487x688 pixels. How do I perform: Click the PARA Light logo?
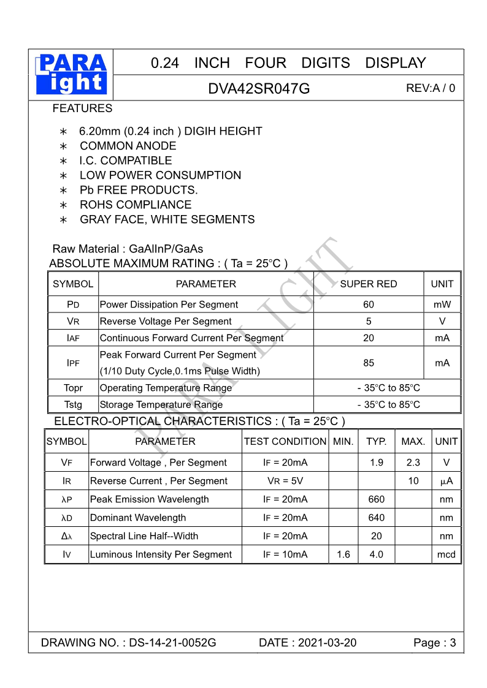(71, 74)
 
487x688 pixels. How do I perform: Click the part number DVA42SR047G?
(259, 88)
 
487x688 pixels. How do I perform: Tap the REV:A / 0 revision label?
(431, 88)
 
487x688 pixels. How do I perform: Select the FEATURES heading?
(82, 108)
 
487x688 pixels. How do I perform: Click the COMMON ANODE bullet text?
(128, 146)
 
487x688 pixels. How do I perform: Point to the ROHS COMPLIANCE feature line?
(135, 205)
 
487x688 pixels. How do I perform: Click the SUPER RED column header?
(368, 284)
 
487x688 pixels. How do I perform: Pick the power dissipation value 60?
(368, 304)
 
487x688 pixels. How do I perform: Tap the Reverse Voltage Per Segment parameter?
(166, 321)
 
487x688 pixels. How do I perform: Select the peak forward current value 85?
(368, 363)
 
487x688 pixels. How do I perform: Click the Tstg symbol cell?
(73, 404)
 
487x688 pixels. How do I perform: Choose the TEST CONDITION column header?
(285, 441)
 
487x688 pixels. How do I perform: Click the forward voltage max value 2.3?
(413, 463)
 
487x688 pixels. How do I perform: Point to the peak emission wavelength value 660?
(376, 499)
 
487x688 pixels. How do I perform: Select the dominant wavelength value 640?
(376, 518)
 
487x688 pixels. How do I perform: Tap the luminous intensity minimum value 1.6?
(343, 554)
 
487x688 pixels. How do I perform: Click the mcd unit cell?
(446, 554)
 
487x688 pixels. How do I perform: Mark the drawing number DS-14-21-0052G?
(172, 643)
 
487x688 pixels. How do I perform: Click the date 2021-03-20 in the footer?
(327, 643)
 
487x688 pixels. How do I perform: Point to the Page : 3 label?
(434, 643)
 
